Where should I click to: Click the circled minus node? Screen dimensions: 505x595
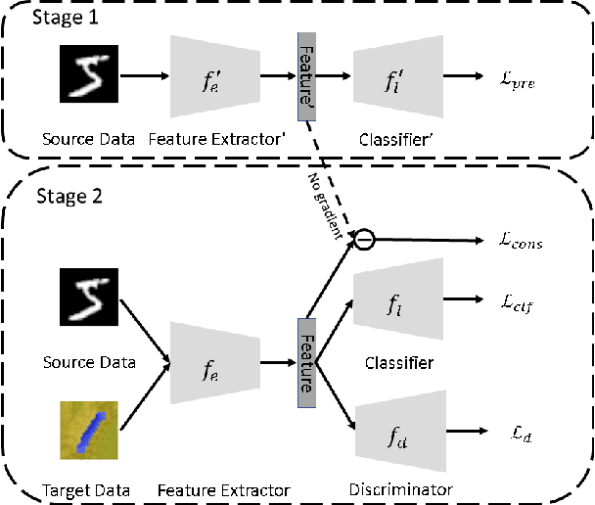click(361, 237)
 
